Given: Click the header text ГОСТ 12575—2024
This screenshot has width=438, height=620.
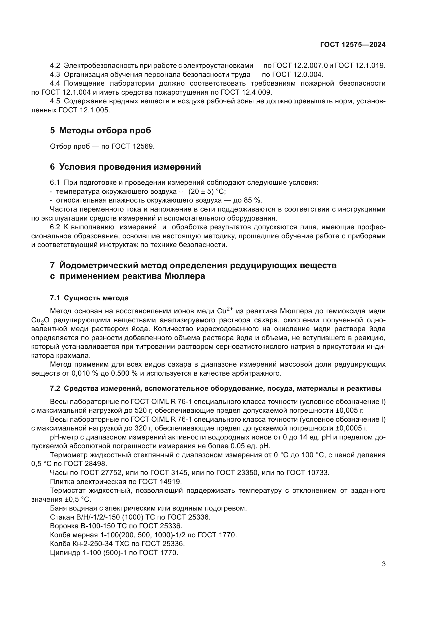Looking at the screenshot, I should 352,45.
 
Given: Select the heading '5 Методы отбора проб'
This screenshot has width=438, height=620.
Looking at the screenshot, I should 100,131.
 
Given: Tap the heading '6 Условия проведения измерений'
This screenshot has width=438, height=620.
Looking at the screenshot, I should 126,167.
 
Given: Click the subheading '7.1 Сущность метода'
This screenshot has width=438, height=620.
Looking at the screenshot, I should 89,298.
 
